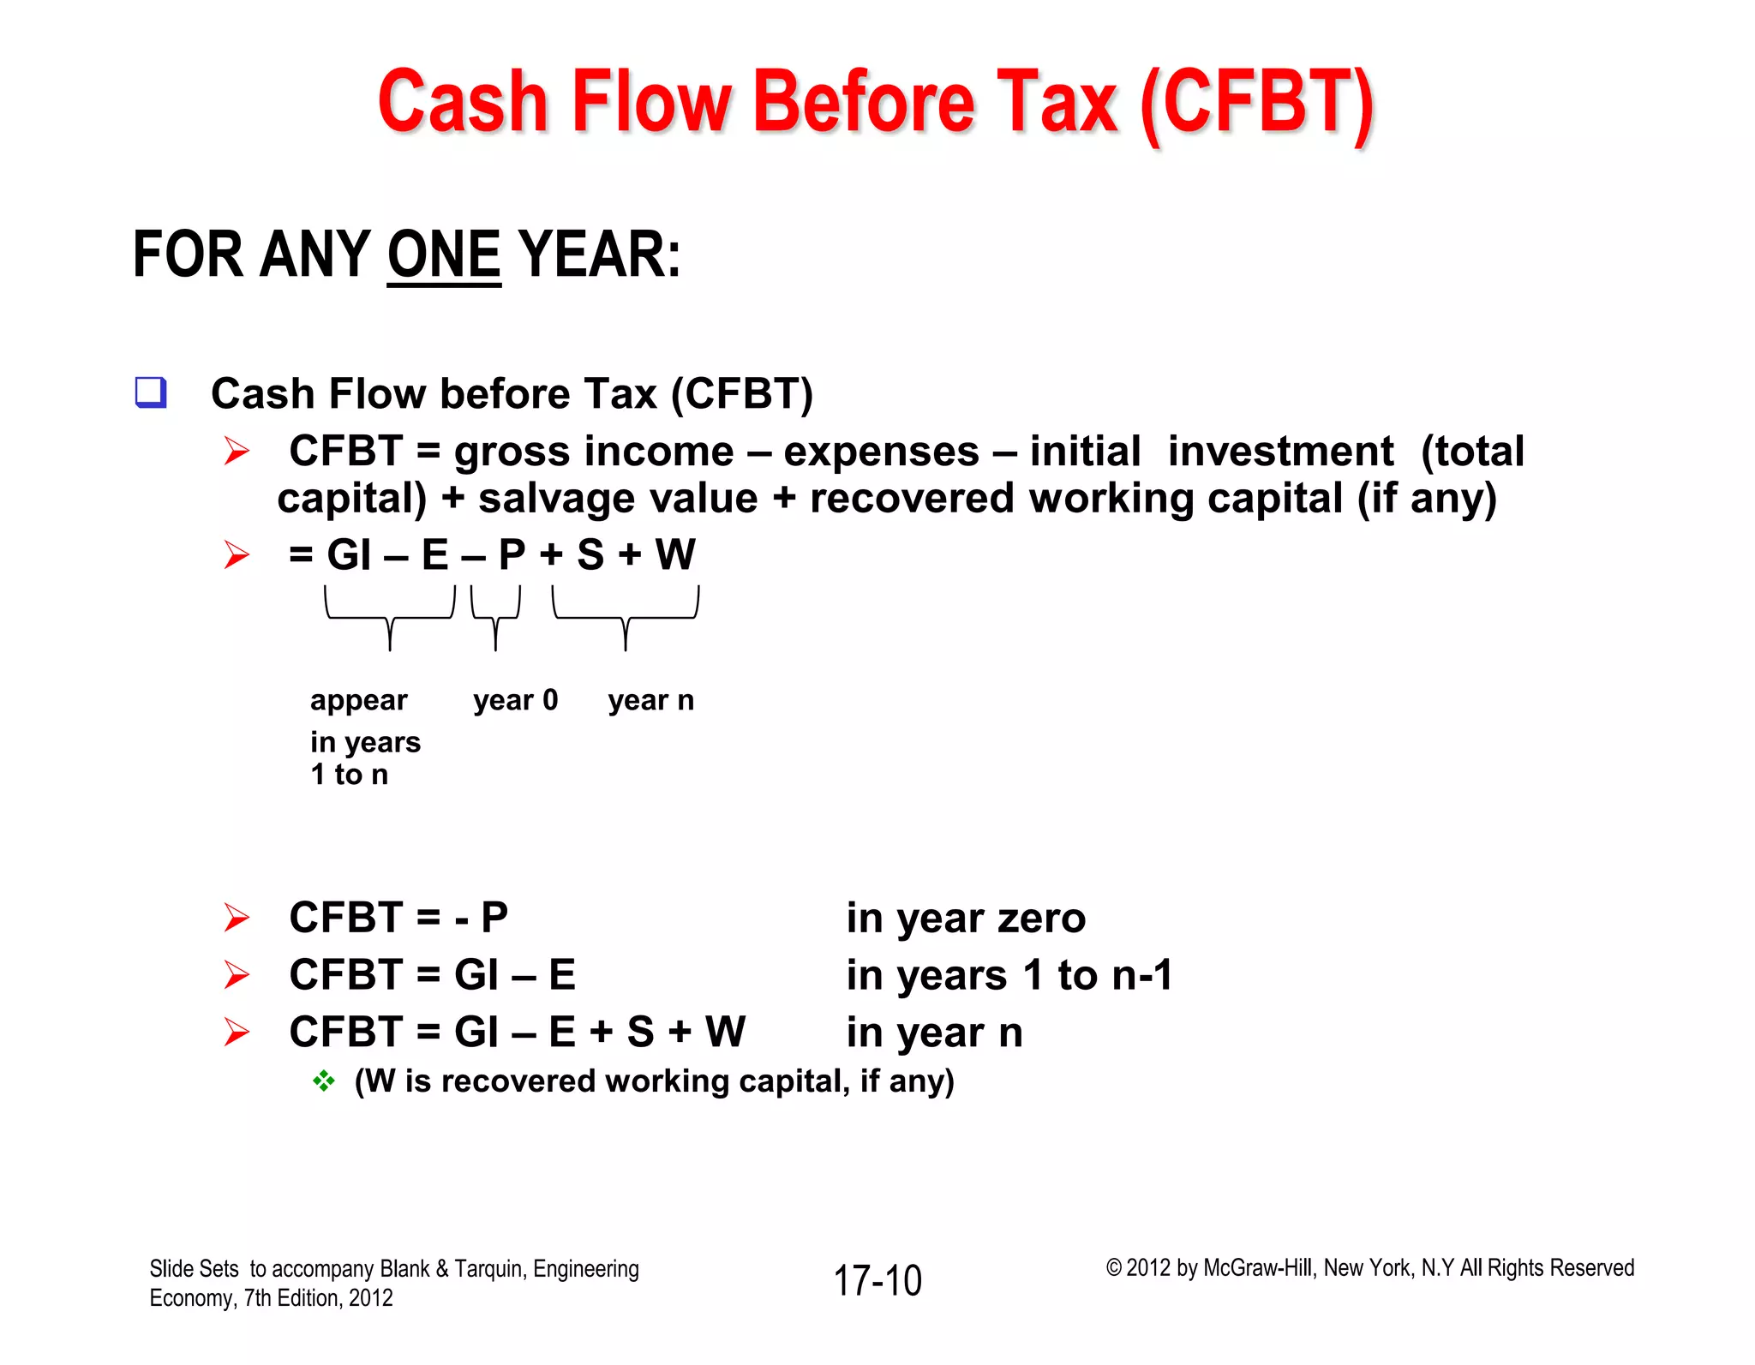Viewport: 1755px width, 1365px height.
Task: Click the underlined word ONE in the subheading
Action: pyautogui.click(x=444, y=255)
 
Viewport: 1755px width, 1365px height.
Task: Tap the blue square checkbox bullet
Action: pyautogui.click(x=151, y=392)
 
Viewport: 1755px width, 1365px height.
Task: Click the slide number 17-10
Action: pyautogui.click(x=877, y=1281)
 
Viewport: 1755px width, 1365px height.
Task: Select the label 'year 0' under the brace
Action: pyautogui.click(x=515, y=700)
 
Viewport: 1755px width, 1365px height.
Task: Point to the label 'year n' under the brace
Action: pyautogui.click(x=650, y=700)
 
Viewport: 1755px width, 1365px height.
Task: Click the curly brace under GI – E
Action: pyautogui.click(x=390, y=616)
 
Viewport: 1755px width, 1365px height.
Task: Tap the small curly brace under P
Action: pyautogui.click(x=495, y=616)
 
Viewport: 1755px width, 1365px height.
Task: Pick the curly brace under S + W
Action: pyautogui.click(x=626, y=616)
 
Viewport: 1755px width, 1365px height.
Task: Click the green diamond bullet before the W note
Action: pyautogui.click(x=324, y=1081)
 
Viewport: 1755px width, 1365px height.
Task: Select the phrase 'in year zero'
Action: pyautogui.click(x=966, y=918)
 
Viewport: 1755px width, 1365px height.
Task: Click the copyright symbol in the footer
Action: pyautogui.click(x=1113, y=1268)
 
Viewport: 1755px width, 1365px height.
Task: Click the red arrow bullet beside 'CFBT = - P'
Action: pyautogui.click(x=237, y=918)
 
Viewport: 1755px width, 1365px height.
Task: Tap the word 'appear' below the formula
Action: pyautogui.click(x=358, y=701)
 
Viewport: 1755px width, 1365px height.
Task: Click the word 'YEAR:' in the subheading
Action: pyautogui.click(x=600, y=255)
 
